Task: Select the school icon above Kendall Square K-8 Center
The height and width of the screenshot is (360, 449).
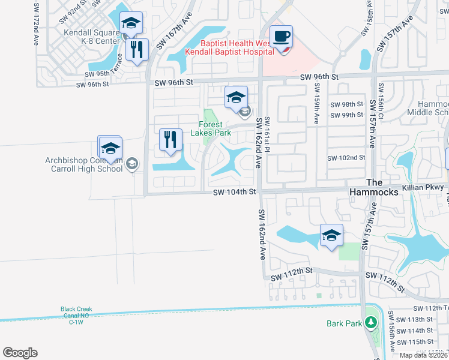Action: point(131,23)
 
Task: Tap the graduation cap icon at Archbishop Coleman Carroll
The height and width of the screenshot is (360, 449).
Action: point(110,148)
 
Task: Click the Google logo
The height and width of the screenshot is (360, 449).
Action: point(20,353)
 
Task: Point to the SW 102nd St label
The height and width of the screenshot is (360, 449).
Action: point(346,158)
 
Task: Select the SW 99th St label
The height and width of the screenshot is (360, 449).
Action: point(347,115)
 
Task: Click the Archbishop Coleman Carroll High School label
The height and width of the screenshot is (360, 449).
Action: point(84,164)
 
